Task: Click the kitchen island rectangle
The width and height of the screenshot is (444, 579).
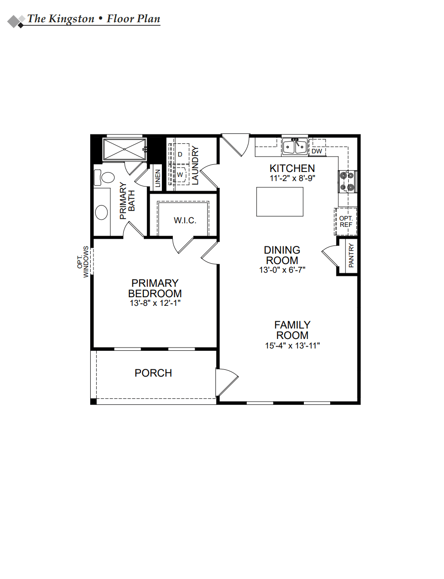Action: click(279, 201)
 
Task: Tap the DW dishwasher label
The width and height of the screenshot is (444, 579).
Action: click(317, 151)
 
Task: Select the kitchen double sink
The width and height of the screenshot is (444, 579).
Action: click(294, 147)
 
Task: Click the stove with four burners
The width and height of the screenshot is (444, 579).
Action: click(347, 181)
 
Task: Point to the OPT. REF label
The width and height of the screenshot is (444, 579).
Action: click(346, 221)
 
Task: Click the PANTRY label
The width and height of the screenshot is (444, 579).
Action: click(351, 255)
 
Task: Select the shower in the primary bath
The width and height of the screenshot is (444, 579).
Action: click(124, 149)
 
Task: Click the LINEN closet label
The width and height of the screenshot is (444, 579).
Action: click(157, 178)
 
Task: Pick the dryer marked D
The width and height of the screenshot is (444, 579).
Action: click(180, 154)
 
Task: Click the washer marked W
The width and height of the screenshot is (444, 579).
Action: click(180, 174)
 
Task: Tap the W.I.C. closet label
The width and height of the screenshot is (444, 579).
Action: click(185, 221)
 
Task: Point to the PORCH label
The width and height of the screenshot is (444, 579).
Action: click(153, 373)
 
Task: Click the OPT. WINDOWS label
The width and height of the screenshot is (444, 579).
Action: click(83, 261)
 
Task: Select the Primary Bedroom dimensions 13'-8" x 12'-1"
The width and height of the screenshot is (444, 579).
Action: click(155, 303)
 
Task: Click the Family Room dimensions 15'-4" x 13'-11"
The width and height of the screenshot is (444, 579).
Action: click(293, 346)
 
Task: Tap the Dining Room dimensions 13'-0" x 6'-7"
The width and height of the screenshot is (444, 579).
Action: click(282, 270)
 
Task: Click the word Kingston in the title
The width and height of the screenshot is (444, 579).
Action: click(71, 19)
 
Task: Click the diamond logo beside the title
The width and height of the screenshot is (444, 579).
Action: click(16, 21)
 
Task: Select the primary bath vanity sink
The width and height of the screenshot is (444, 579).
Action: click(102, 212)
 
